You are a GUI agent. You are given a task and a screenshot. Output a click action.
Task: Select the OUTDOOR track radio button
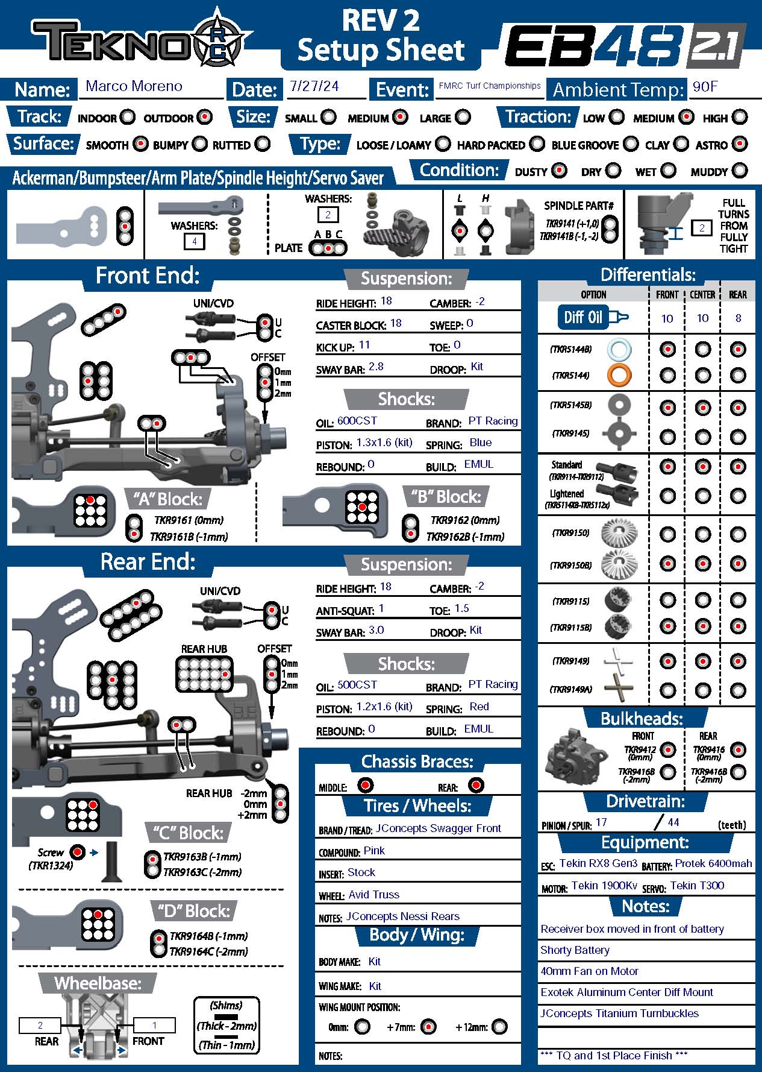click(x=205, y=117)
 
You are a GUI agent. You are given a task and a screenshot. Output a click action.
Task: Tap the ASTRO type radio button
click(x=740, y=144)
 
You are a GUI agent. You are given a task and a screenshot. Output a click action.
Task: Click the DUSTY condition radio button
click(x=560, y=171)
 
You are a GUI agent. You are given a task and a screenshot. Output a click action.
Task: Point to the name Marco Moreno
click(x=134, y=86)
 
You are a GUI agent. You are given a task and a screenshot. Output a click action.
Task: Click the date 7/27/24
click(x=314, y=86)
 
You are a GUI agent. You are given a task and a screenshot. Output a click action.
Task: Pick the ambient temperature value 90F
click(x=705, y=87)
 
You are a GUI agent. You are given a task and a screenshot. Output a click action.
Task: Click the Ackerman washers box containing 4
click(x=194, y=242)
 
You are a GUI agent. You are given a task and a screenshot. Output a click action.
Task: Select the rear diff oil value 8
click(x=738, y=318)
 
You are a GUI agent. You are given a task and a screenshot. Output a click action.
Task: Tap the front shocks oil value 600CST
click(x=357, y=421)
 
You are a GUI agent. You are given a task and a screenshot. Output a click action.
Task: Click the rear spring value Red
click(x=479, y=707)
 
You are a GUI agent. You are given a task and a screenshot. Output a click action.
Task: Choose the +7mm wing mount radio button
click(x=428, y=1026)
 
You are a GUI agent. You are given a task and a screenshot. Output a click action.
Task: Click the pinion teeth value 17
click(x=601, y=822)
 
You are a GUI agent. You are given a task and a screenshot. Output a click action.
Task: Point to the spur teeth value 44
click(x=673, y=822)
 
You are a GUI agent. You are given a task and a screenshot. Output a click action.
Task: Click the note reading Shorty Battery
click(x=575, y=950)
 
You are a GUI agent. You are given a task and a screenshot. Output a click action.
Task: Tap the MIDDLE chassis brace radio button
click(x=366, y=785)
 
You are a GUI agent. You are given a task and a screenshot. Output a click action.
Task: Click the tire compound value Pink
click(x=374, y=851)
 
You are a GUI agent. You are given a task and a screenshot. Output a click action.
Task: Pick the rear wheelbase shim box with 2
click(x=40, y=1025)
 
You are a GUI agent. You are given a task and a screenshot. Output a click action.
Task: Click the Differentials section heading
click(x=648, y=276)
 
